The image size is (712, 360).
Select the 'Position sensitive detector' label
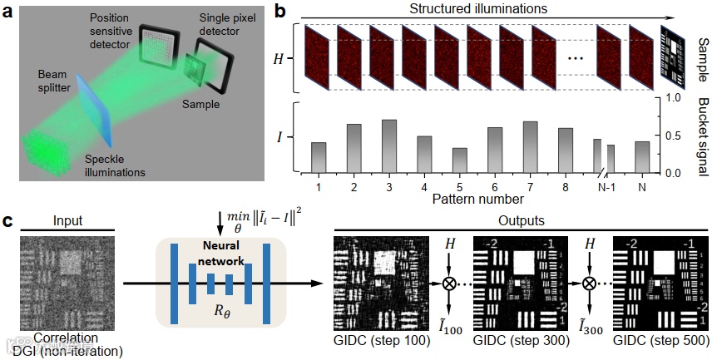(x=112, y=29)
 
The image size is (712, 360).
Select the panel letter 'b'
(x=281, y=12)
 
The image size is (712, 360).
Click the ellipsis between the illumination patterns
(x=574, y=58)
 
